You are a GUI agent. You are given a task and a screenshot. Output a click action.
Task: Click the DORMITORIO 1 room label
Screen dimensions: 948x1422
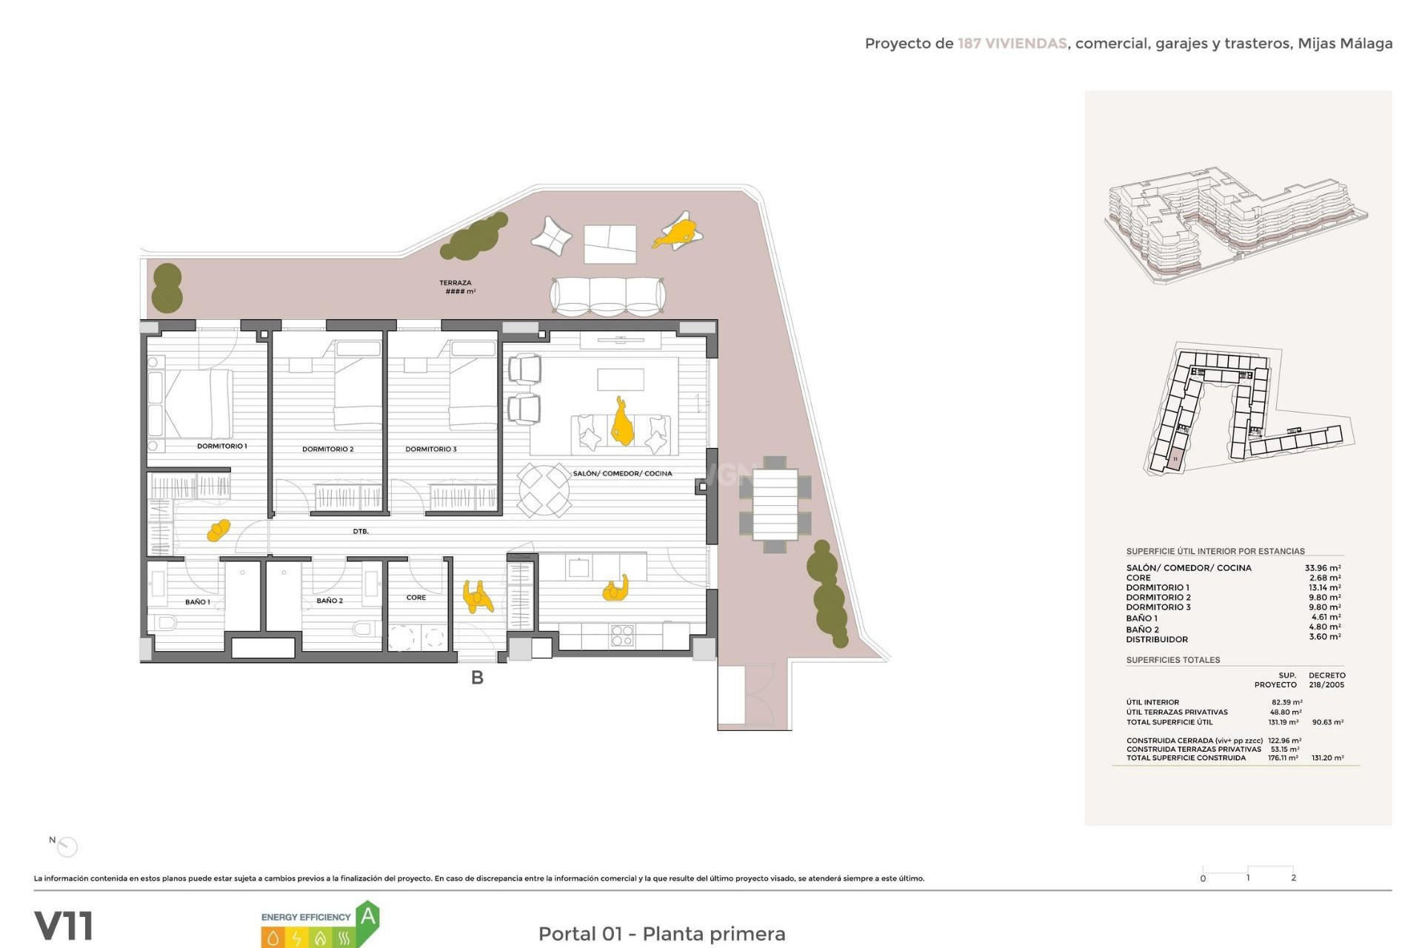click(221, 446)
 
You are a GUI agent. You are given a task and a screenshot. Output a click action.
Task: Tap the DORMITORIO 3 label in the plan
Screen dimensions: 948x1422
click(430, 449)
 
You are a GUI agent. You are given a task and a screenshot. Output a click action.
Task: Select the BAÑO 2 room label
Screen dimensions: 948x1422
click(330, 601)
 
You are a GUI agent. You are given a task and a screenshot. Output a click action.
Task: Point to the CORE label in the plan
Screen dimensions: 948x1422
click(415, 598)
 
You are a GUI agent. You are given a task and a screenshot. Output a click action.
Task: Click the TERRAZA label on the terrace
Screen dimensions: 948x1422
click(455, 283)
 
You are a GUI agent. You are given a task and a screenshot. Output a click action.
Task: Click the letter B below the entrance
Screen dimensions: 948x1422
click(477, 678)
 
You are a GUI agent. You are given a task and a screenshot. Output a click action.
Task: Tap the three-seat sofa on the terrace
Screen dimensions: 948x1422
click(607, 296)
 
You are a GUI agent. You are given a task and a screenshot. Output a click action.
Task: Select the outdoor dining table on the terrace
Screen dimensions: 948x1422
click(775, 504)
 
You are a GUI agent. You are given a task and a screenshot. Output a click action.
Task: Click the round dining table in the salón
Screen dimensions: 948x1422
click(544, 490)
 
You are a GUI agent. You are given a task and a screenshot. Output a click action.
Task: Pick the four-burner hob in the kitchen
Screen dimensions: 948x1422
click(622, 635)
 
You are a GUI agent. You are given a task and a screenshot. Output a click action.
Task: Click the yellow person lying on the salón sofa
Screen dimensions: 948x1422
click(621, 423)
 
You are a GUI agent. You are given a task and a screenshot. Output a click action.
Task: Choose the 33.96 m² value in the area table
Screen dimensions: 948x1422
click(1322, 568)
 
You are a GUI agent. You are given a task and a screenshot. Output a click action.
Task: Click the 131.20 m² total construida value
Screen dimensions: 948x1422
click(1327, 758)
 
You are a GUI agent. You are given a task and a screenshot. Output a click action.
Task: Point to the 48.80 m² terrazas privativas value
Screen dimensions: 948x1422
click(1286, 712)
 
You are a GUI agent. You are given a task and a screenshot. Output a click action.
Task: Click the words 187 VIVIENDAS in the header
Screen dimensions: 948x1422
click(1012, 44)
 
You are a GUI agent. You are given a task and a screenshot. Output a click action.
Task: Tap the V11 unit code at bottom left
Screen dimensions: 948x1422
click(64, 926)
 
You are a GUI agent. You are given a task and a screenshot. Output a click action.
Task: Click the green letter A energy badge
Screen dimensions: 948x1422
click(367, 918)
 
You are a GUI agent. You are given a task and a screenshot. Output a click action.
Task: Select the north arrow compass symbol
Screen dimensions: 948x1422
click(67, 846)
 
